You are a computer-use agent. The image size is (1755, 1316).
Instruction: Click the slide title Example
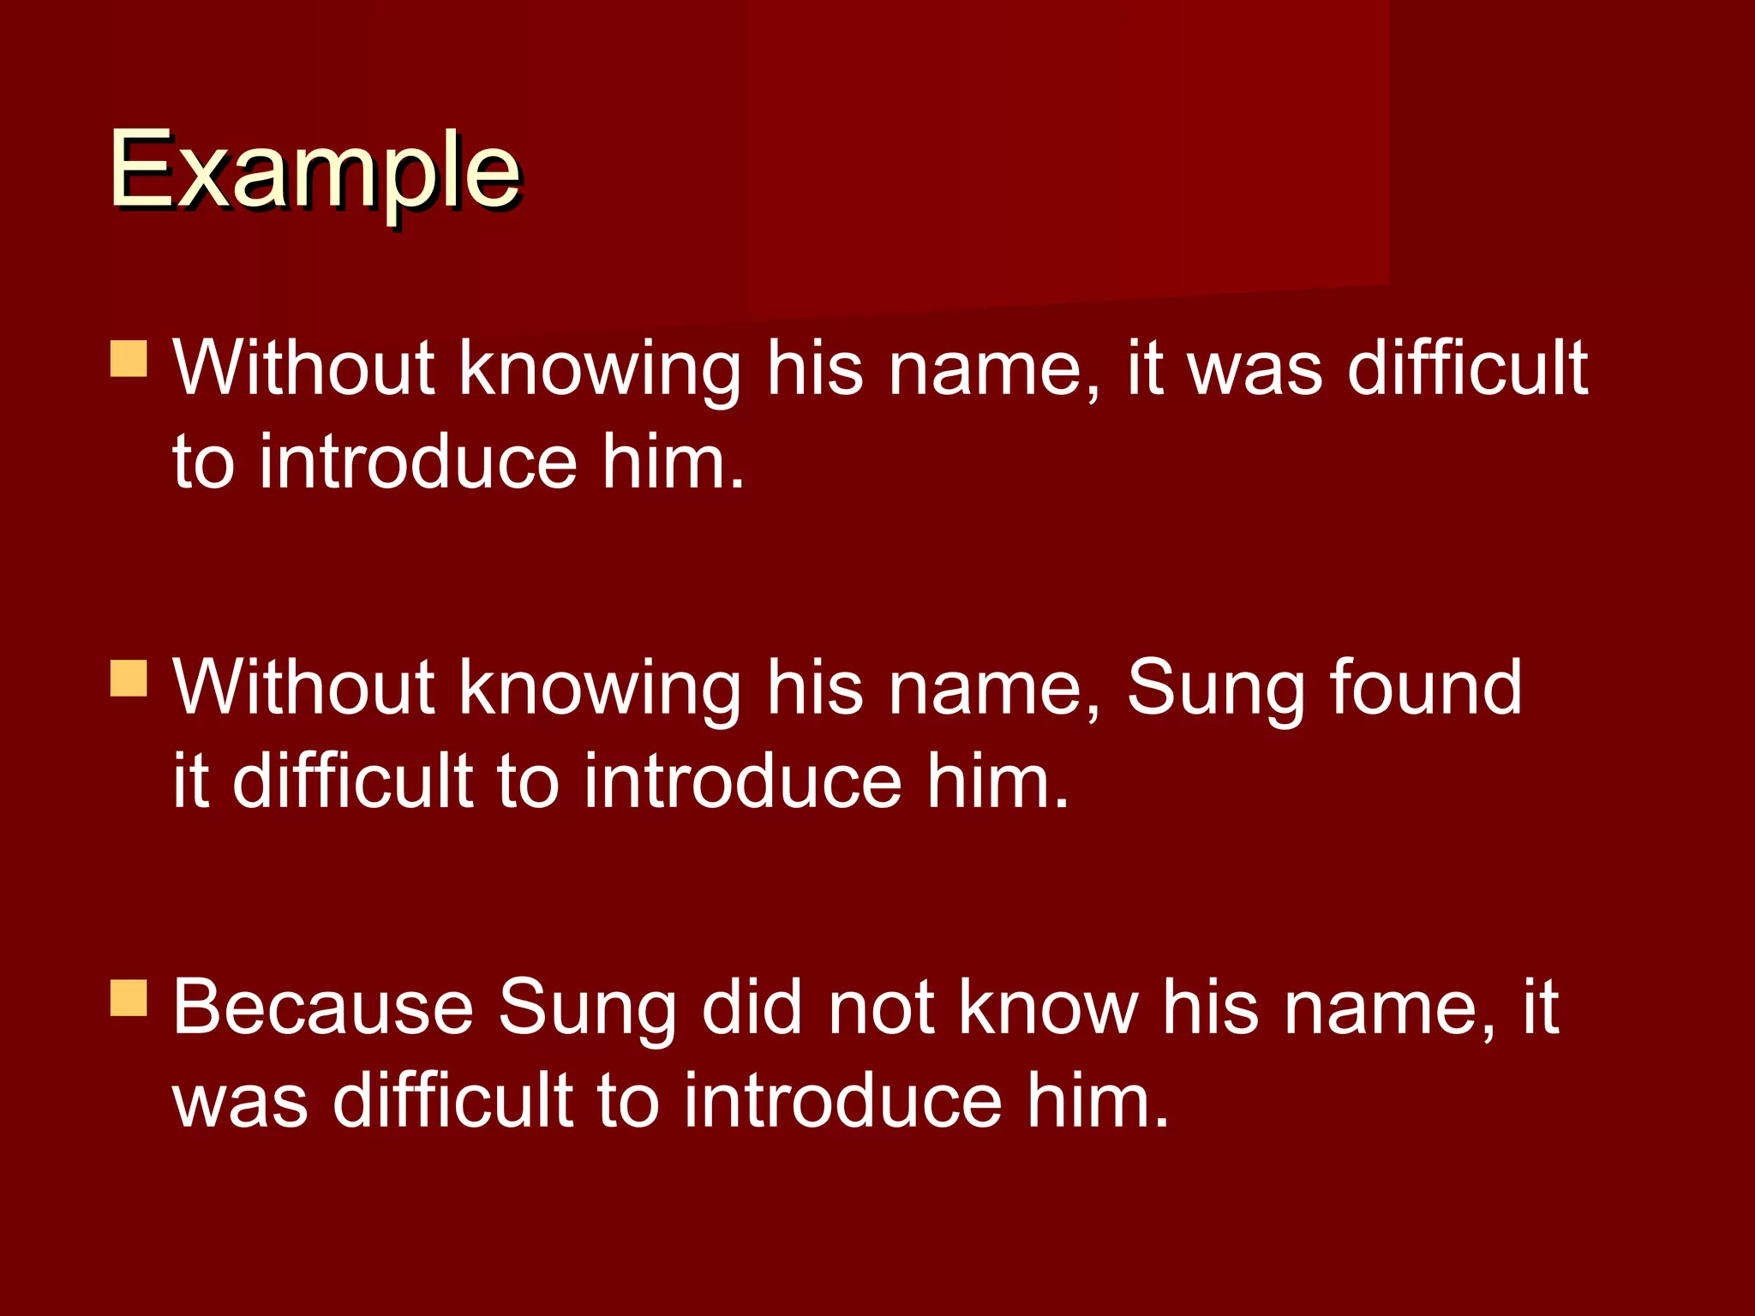point(314,171)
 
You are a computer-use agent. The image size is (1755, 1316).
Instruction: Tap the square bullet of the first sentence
point(129,359)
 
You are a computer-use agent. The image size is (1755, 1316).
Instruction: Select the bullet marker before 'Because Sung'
point(129,998)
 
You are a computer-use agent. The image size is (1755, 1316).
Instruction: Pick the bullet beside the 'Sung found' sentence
point(129,678)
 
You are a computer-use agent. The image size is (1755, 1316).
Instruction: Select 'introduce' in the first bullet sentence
point(418,463)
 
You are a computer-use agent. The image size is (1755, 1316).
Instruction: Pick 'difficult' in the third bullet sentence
point(452,1100)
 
